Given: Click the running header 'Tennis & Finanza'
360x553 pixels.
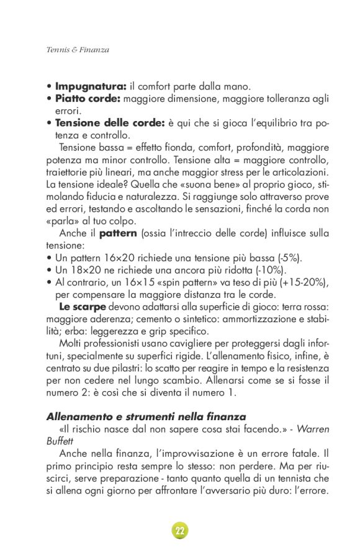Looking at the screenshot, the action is (x=78, y=50).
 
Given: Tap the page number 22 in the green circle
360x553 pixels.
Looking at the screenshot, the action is (x=179, y=531).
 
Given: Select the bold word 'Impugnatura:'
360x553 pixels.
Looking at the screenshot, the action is (x=91, y=86).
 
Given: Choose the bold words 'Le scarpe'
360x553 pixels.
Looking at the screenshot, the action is (x=82, y=307).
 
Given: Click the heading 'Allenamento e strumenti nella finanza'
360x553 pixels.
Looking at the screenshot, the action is (x=146, y=416).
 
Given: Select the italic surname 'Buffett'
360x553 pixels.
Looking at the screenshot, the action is (x=60, y=441).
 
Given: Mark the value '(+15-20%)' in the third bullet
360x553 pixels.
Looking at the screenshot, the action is (x=305, y=282).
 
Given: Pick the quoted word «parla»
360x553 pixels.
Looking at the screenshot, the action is (x=61, y=221).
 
